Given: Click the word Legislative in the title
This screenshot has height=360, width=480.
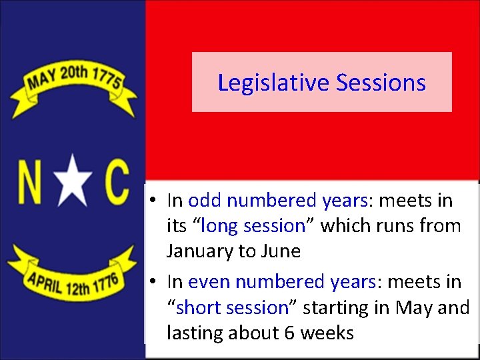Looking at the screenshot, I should tap(273, 83).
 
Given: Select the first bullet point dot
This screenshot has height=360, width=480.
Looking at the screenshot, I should tap(153, 201).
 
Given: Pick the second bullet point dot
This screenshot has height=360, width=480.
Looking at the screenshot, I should tap(153, 283).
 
